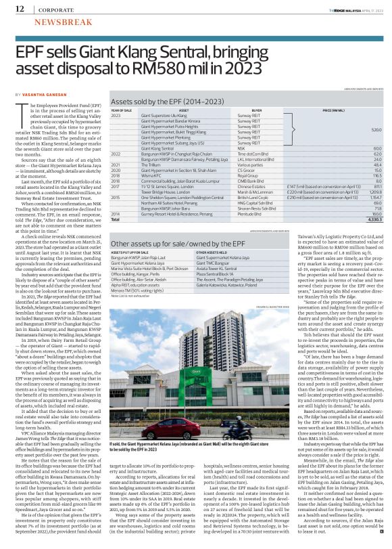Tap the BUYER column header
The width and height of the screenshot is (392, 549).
tap(258, 110)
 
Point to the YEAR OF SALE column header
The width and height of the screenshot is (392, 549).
tap(122, 110)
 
